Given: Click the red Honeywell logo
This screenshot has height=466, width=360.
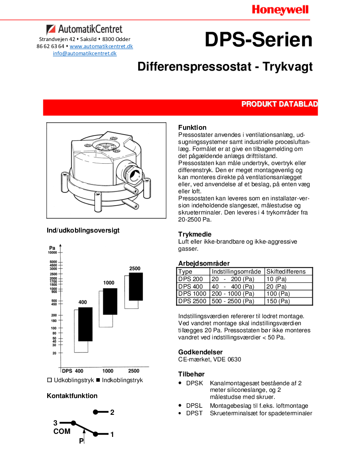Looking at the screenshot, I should pyautogui.click(x=280, y=10).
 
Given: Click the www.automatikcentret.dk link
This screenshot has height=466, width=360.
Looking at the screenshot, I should pyautogui.click(x=101, y=46).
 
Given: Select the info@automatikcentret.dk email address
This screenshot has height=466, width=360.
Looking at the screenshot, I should pyautogui.click(x=85, y=53).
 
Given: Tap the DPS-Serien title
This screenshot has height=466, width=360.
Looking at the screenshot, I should pyautogui.click(x=259, y=40).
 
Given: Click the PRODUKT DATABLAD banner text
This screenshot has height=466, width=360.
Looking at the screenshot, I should pyautogui.click(x=279, y=104).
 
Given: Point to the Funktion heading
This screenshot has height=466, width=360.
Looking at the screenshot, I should pyautogui.click(x=192, y=127).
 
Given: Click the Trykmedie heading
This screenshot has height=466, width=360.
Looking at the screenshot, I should pyautogui.click(x=195, y=234).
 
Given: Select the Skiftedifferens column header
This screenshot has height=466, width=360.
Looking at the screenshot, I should pyautogui.click(x=285, y=271).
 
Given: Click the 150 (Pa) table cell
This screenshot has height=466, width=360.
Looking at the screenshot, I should pyautogui.click(x=277, y=301).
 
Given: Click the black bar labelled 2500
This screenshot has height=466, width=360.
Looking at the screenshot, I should pyautogui.click(x=135, y=286).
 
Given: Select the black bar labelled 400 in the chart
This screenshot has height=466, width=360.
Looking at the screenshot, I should pyautogui.click(x=85, y=324).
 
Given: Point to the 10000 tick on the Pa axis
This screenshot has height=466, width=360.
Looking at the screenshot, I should pyautogui.click(x=52, y=252).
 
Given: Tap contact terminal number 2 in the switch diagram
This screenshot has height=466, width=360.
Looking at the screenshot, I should pyautogui.click(x=112, y=412).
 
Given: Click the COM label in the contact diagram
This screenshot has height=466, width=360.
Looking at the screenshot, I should pyautogui.click(x=62, y=431).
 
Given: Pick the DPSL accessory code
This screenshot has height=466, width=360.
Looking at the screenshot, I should pyautogui.click(x=194, y=406).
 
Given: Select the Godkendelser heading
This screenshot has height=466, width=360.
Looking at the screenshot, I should pyautogui.click(x=200, y=352).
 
